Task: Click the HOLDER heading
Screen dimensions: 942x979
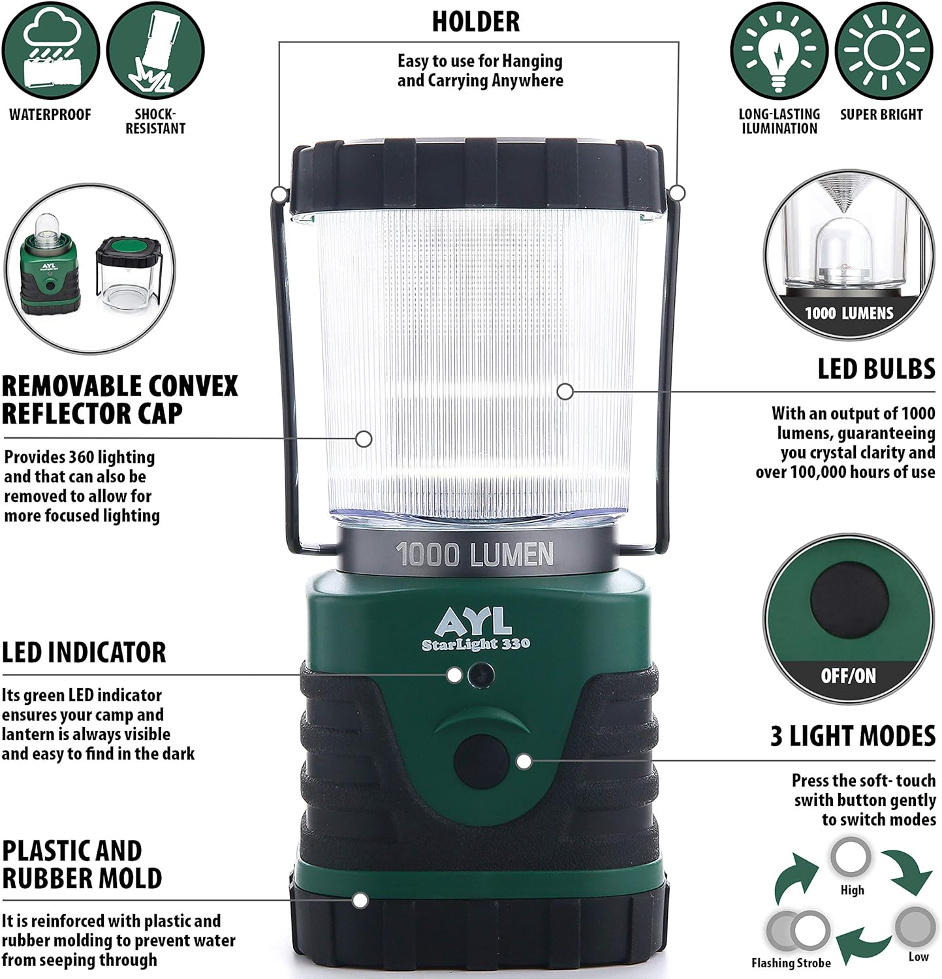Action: [x=476, y=22]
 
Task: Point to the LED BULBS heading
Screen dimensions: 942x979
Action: [x=877, y=369]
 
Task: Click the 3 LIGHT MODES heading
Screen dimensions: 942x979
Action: [x=853, y=736]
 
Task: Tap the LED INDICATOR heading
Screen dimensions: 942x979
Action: [x=84, y=653]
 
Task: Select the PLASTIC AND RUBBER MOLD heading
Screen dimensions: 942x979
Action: [x=82, y=864]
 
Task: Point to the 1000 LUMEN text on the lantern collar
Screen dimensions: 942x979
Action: [x=475, y=555]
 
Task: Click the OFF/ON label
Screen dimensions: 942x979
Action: [x=848, y=676]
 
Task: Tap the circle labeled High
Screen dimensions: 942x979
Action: [x=851, y=858]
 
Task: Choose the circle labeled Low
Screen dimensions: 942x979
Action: [x=915, y=927]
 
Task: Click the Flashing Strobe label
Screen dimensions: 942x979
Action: [x=791, y=963]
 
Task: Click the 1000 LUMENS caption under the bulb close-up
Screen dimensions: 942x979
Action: [x=849, y=313]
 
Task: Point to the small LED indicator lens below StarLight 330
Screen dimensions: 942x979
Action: [x=480, y=674]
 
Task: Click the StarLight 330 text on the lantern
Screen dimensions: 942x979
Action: [x=475, y=644]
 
